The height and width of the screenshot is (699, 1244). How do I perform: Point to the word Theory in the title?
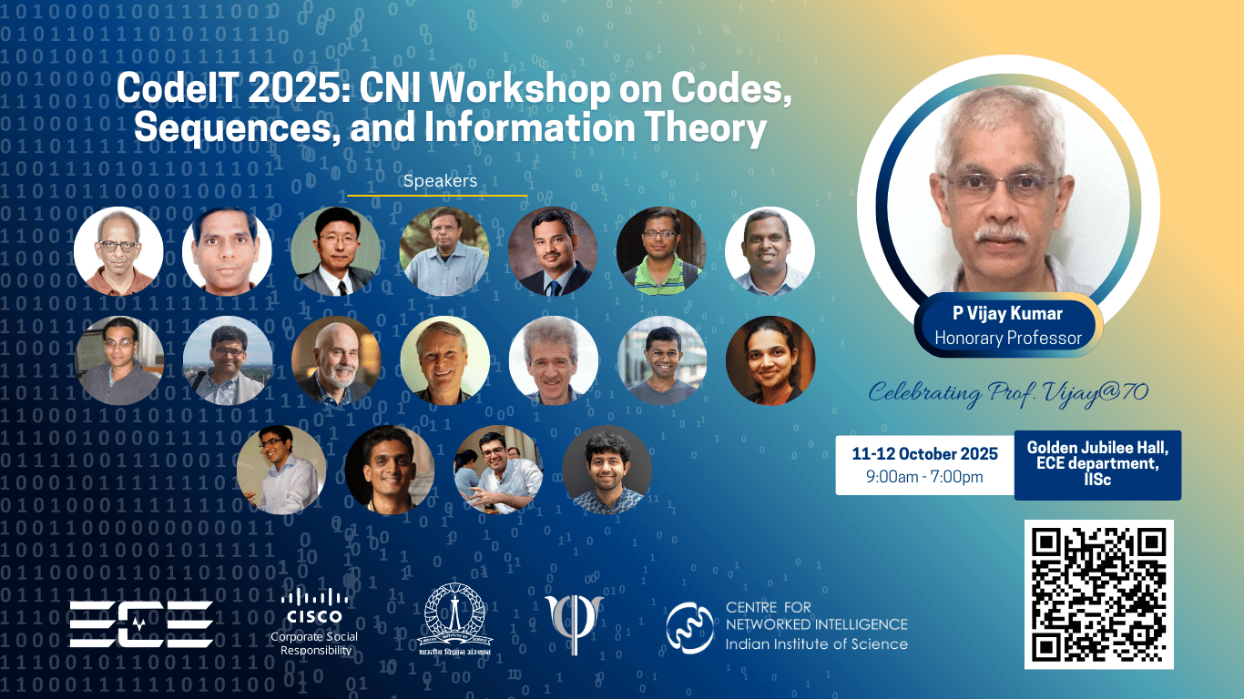709,128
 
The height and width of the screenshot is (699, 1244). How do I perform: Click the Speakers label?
440,181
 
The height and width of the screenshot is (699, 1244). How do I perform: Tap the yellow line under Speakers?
437,195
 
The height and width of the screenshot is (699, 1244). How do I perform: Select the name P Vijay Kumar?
1008,314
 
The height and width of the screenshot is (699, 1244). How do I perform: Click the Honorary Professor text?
1008,339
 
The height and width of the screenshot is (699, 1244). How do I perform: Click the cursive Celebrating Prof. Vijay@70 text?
1008,393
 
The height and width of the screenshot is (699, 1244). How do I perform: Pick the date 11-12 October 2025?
924,453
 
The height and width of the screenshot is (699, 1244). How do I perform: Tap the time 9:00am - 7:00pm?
924,476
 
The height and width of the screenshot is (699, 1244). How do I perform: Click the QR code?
1099,594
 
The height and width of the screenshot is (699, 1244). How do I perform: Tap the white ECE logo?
141,624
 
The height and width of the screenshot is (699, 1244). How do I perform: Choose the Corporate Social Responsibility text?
314,643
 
